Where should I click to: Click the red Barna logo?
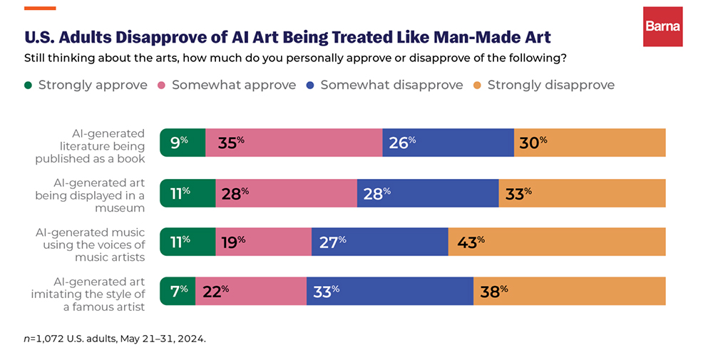coord(662,26)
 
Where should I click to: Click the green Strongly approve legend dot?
coord(29,86)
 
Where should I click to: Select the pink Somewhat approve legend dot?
coord(162,86)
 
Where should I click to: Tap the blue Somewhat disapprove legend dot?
coord(311,86)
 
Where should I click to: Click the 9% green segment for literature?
coord(183,143)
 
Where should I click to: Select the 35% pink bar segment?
coord(294,143)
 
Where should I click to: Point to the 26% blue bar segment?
coord(448,143)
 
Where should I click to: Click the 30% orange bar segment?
coord(590,143)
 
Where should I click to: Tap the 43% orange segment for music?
coord(557,242)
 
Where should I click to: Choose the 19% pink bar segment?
coord(263,242)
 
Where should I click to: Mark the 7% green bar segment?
coord(178,291)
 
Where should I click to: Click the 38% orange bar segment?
coord(570,291)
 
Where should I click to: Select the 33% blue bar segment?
coord(390,291)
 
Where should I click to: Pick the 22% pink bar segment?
coord(251,291)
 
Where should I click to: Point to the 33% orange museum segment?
coord(582,192)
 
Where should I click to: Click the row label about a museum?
coord(90,192)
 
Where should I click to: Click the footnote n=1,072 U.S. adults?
coord(115,339)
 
